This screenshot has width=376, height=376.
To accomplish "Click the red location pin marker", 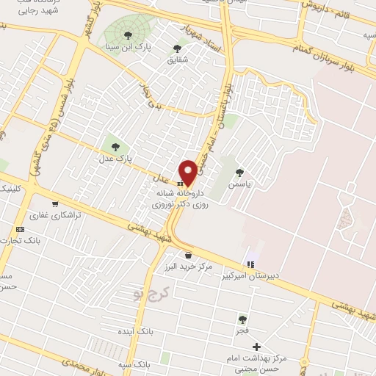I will (x=188, y=172).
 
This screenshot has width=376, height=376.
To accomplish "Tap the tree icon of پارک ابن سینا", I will (x=129, y=35).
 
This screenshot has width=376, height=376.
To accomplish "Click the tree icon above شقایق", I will (x=177, y=48).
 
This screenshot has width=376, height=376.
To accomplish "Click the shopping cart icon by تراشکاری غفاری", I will (x=55, y=204).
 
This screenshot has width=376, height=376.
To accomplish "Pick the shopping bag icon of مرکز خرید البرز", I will (x=189, y=255).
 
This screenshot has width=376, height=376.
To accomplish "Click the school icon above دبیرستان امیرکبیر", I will (x=251, y=264).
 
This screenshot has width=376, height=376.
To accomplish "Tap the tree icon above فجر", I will (x=242, y=319).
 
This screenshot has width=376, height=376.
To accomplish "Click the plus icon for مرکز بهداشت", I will (x=256, y=347).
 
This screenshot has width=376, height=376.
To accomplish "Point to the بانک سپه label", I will (x=133, y=364).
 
